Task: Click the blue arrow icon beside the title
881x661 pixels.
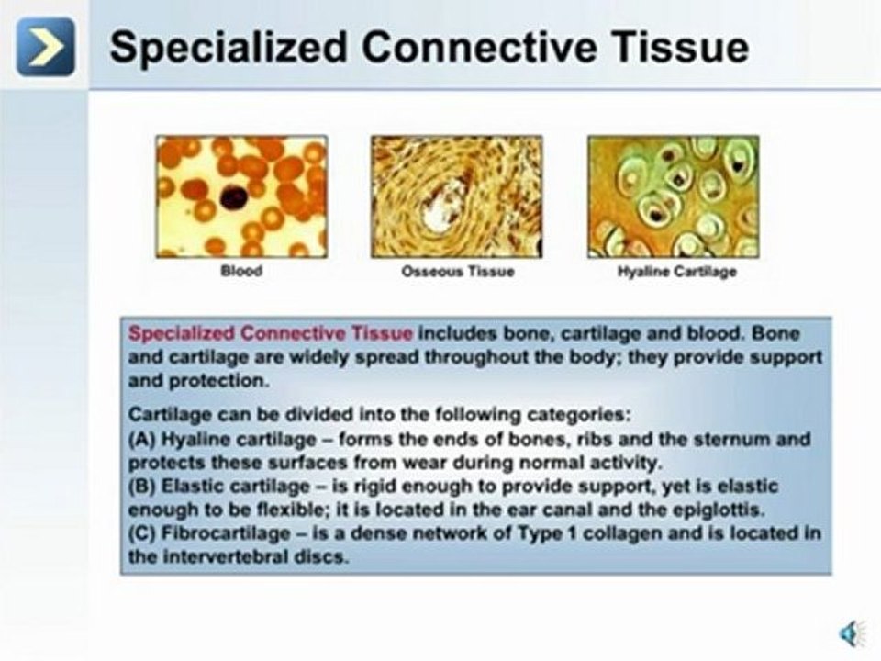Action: (45, 47)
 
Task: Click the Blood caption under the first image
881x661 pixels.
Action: (240, 272)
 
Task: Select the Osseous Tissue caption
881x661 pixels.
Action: (457, 272)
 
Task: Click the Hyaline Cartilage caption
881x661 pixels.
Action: (676, 272)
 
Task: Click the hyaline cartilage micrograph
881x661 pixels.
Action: (673, 196)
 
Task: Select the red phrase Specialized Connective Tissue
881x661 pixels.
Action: (271, 334)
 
